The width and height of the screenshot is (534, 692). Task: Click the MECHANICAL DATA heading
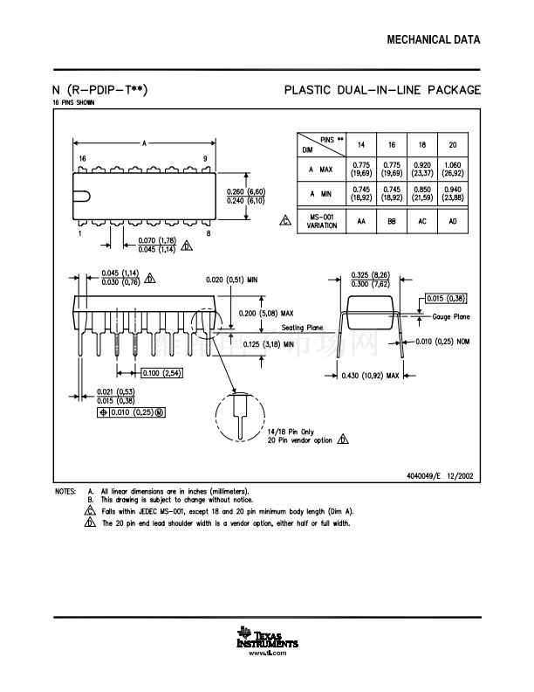(433, 40)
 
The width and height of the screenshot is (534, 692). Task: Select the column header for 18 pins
(421, 144)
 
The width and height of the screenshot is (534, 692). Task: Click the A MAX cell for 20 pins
(452, 169)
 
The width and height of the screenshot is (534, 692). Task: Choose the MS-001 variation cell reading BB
(392, 221)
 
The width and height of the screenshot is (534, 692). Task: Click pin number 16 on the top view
(82, 158)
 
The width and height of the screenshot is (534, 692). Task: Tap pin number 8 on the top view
(208, 233)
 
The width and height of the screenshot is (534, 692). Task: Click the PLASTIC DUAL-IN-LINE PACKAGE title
(383, 90)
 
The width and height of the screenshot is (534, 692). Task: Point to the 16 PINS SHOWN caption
(74, 102)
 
